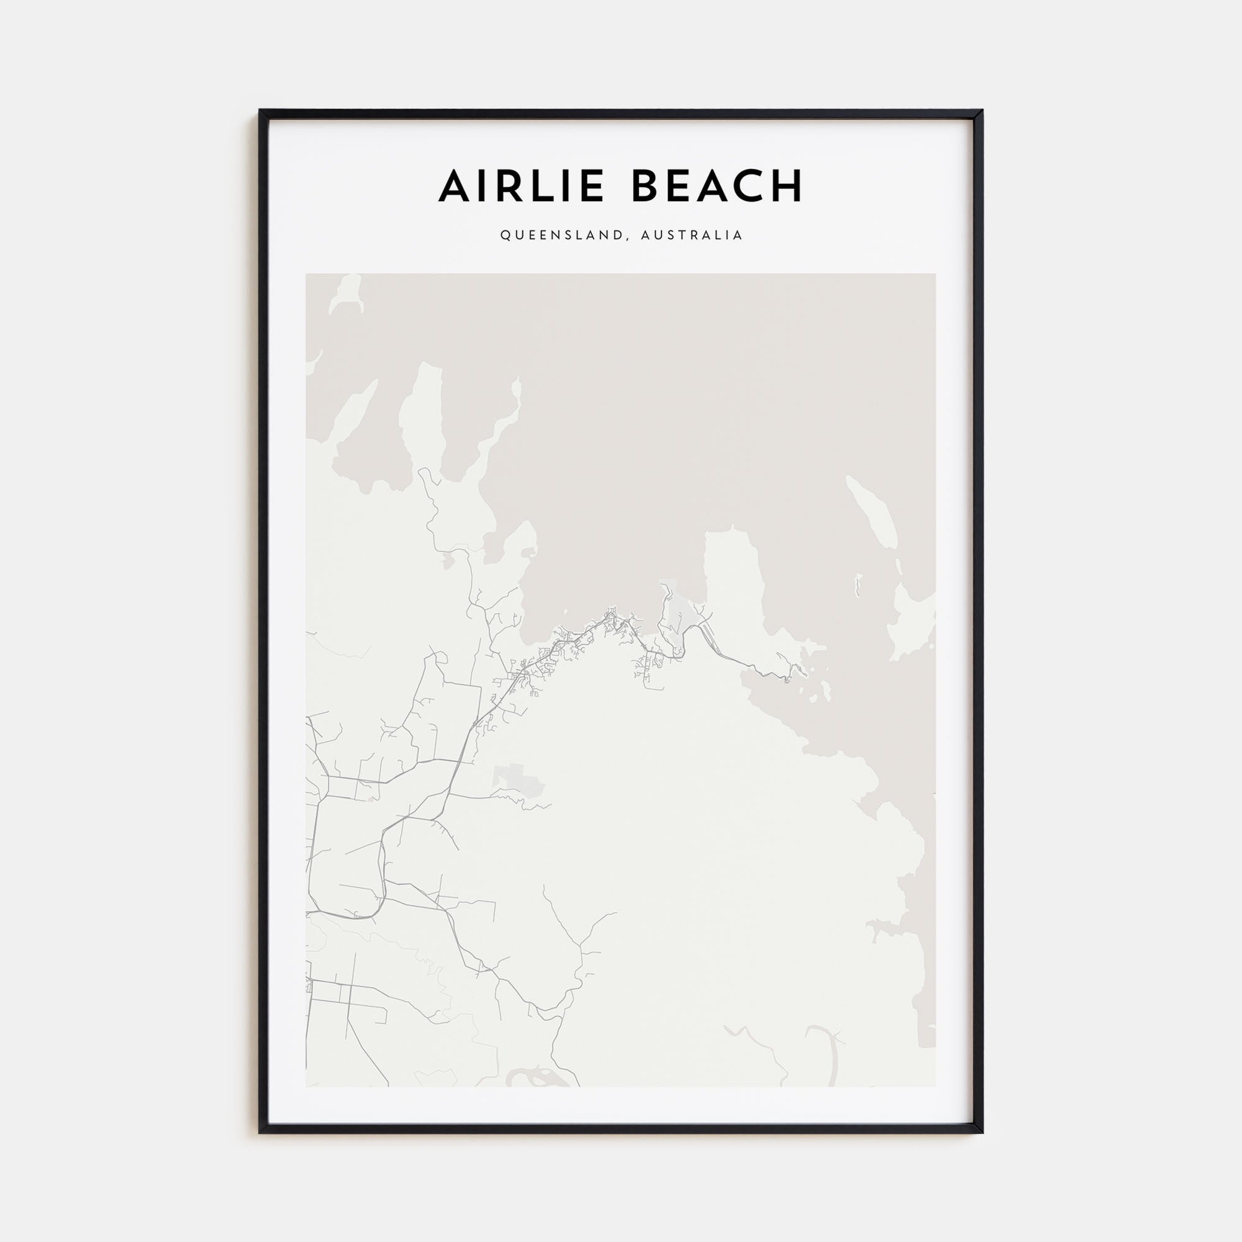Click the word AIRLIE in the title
point(521,186)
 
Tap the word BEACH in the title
point(717,186)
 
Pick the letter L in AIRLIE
point(538,186)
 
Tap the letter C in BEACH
point(750,186)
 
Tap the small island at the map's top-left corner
point(345,292)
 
